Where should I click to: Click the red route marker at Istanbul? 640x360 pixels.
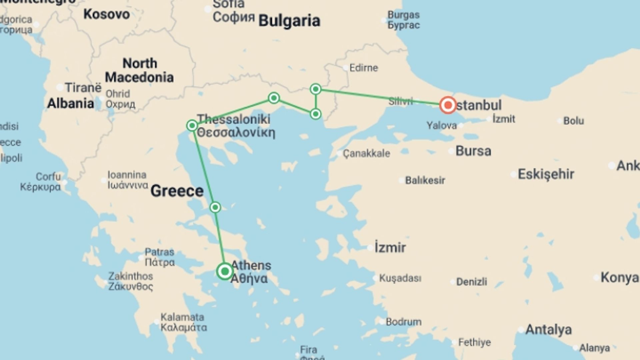coord(448,105)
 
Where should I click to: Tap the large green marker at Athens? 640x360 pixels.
coord(225,271)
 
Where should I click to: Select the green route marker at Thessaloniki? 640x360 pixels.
coord(192,126)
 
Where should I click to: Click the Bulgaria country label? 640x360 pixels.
coord(289,21)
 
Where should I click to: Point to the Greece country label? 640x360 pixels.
coord(177,191)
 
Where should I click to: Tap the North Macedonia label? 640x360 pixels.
coord(139,70)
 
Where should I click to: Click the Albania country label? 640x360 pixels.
coord(70,103)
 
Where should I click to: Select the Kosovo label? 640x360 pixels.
coord(106,14)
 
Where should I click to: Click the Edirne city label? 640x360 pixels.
coord(363,68)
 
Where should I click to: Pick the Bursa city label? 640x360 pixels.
coord(473,151)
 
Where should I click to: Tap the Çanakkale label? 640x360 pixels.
coord(366,153)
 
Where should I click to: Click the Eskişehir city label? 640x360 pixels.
coord(546,174)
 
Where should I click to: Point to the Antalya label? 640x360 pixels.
coord(548,330)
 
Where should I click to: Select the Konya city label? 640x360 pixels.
coord(619,277)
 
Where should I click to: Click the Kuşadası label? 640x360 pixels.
coord(400,278)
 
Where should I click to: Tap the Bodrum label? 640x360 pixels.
coord(403,322)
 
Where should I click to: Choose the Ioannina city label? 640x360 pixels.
coord(127,180)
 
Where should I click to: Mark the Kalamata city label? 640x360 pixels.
coord(183,322)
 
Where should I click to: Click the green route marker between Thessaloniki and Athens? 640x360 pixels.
coord(215,207)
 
